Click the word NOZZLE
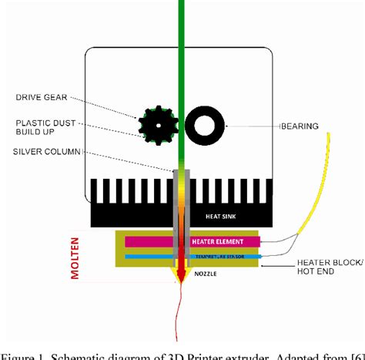[x=205, y=273]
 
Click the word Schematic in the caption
[x=84, y=354]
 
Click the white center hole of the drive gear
[x=158, y=123]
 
